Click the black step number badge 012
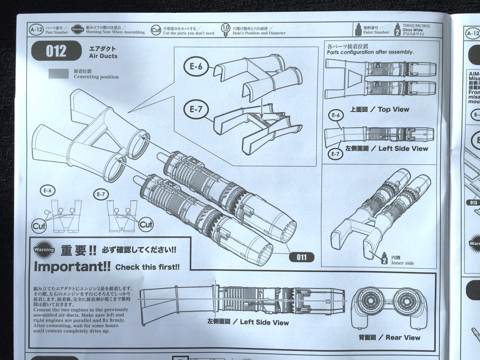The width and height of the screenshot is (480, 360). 56,52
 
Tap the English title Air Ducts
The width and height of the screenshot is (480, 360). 103,56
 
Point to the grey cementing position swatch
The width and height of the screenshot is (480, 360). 59,73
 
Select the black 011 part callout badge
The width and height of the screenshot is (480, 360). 302,257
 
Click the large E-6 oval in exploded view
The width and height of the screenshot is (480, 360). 196,67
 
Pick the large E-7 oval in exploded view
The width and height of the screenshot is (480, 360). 195,110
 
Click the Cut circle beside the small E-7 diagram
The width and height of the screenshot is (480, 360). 146,225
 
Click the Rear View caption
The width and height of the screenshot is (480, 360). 389,337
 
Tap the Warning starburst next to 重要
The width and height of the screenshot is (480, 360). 44,250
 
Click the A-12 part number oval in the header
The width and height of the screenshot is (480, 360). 36,30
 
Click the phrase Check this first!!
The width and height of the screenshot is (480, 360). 148,267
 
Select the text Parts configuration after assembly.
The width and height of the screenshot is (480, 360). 370,52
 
